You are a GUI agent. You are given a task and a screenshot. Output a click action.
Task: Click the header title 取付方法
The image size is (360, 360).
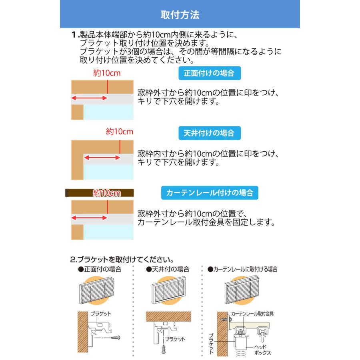pos(180,15)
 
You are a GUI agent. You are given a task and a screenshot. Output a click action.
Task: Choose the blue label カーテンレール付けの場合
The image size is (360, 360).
pos(210,192)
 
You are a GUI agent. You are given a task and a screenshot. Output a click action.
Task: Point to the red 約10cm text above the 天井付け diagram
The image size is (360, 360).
pos(119,131)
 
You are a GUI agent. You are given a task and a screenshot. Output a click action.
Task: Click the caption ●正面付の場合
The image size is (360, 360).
pos(100,269)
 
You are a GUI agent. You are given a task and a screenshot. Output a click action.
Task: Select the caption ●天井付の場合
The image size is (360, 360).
pos(168,269)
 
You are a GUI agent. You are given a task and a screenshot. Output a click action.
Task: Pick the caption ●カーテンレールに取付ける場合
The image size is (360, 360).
pos(243,269)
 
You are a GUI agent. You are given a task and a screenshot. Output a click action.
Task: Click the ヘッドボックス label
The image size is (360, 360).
pos(263,350)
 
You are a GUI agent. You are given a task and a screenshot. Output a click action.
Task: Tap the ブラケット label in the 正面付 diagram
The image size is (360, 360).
pos(100,314)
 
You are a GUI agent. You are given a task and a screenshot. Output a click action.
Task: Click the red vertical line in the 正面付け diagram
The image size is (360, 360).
pos(108,87)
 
